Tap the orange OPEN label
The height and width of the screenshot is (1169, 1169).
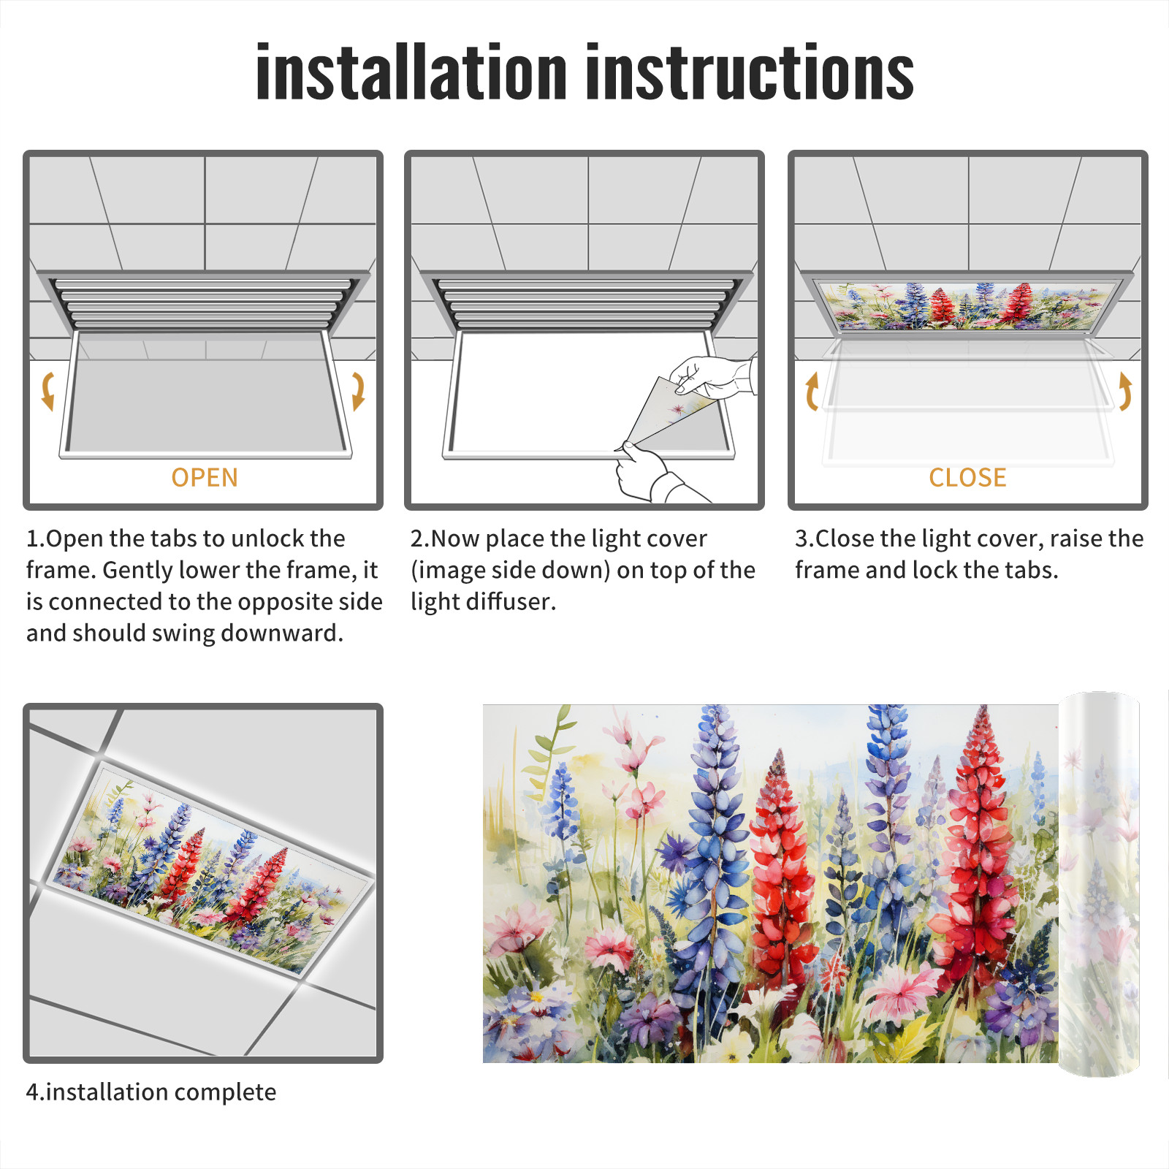[205, 477]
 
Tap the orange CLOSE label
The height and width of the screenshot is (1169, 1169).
[967, 477]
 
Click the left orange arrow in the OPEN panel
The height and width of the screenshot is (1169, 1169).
[47, 391]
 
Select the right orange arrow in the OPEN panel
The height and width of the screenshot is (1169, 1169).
[358, 391]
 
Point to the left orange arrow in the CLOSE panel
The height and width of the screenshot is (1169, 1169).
[812, 391]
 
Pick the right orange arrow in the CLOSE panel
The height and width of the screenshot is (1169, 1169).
[1125, 391]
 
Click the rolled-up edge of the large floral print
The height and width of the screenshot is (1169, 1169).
[1099, 884]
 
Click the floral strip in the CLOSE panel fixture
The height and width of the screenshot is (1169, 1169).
[967, 305]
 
